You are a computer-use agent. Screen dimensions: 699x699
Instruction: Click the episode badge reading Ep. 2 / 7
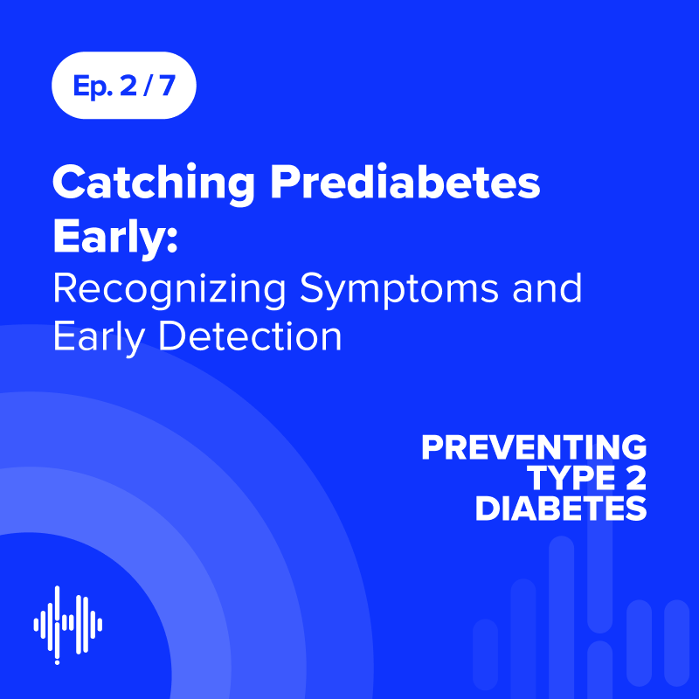(x=123, y=86)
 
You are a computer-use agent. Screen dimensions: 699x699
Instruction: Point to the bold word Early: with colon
(x=115, y=239)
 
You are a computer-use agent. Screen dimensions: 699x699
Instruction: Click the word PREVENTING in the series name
(x=534, y=447)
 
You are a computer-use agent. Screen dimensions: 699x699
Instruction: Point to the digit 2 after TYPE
(x=636, y=478)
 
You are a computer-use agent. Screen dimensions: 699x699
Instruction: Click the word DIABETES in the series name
(x=560, y=509)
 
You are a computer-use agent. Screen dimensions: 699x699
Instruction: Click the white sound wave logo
(x=68, y=624)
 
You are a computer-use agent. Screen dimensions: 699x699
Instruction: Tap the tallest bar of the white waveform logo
(x=58, y=624)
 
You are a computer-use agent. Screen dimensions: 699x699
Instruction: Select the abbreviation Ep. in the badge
(x=89, y=87)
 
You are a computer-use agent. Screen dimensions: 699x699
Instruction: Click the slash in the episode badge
(x=150, y=86)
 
